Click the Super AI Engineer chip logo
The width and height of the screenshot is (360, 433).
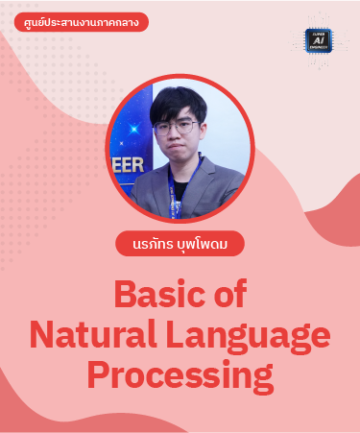click(319, 40)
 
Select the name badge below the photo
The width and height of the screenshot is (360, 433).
click(179, 243)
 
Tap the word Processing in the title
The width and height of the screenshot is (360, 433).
click(180, 376)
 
